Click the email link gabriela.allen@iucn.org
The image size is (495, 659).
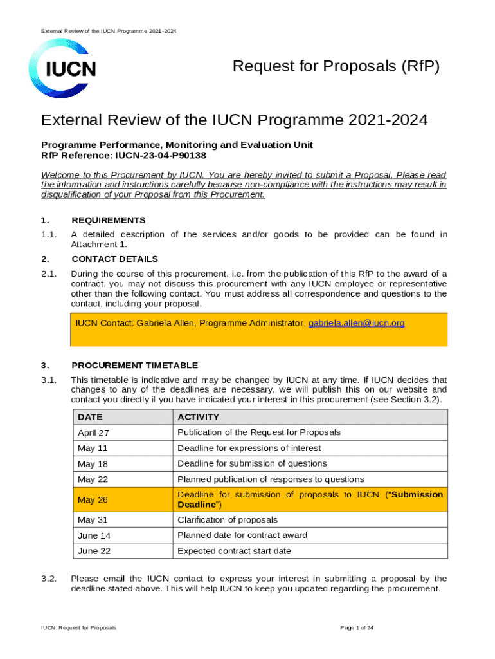coord(357,323)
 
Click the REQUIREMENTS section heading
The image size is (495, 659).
coord(108,220)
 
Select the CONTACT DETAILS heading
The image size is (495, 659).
coord(114,259)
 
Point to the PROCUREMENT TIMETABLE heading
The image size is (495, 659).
coord(134,365)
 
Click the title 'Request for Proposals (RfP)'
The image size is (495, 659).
coord(336,66)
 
